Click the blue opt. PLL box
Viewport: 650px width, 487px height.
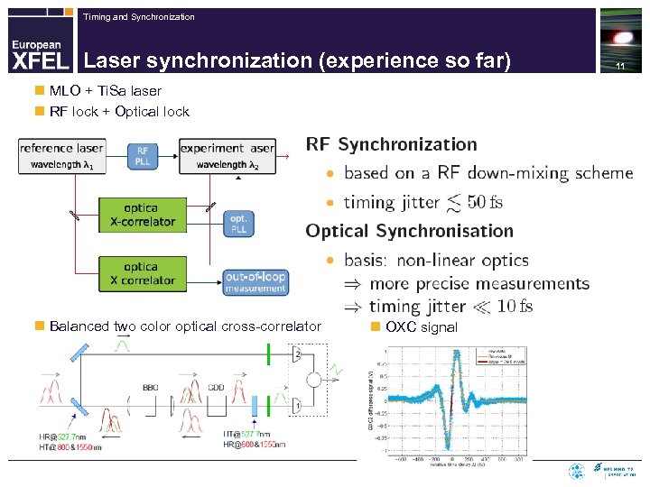[238, 224]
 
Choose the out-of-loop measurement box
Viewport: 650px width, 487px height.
[255, 281]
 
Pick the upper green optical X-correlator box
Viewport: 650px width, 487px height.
[142, 215]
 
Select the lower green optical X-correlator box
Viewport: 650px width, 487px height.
[142, 273]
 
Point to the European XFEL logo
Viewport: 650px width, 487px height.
[38, 54]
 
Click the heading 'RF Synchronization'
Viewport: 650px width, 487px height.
[391, 144]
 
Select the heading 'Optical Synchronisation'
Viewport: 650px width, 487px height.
[409, 231]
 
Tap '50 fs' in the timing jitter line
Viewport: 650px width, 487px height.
[485, 202]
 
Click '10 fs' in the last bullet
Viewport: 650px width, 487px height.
[515, 307]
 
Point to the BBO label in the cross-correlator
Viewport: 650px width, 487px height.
[150, 387]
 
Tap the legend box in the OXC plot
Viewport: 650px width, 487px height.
[506, 354]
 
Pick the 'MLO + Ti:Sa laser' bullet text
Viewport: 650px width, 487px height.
[106, 91]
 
